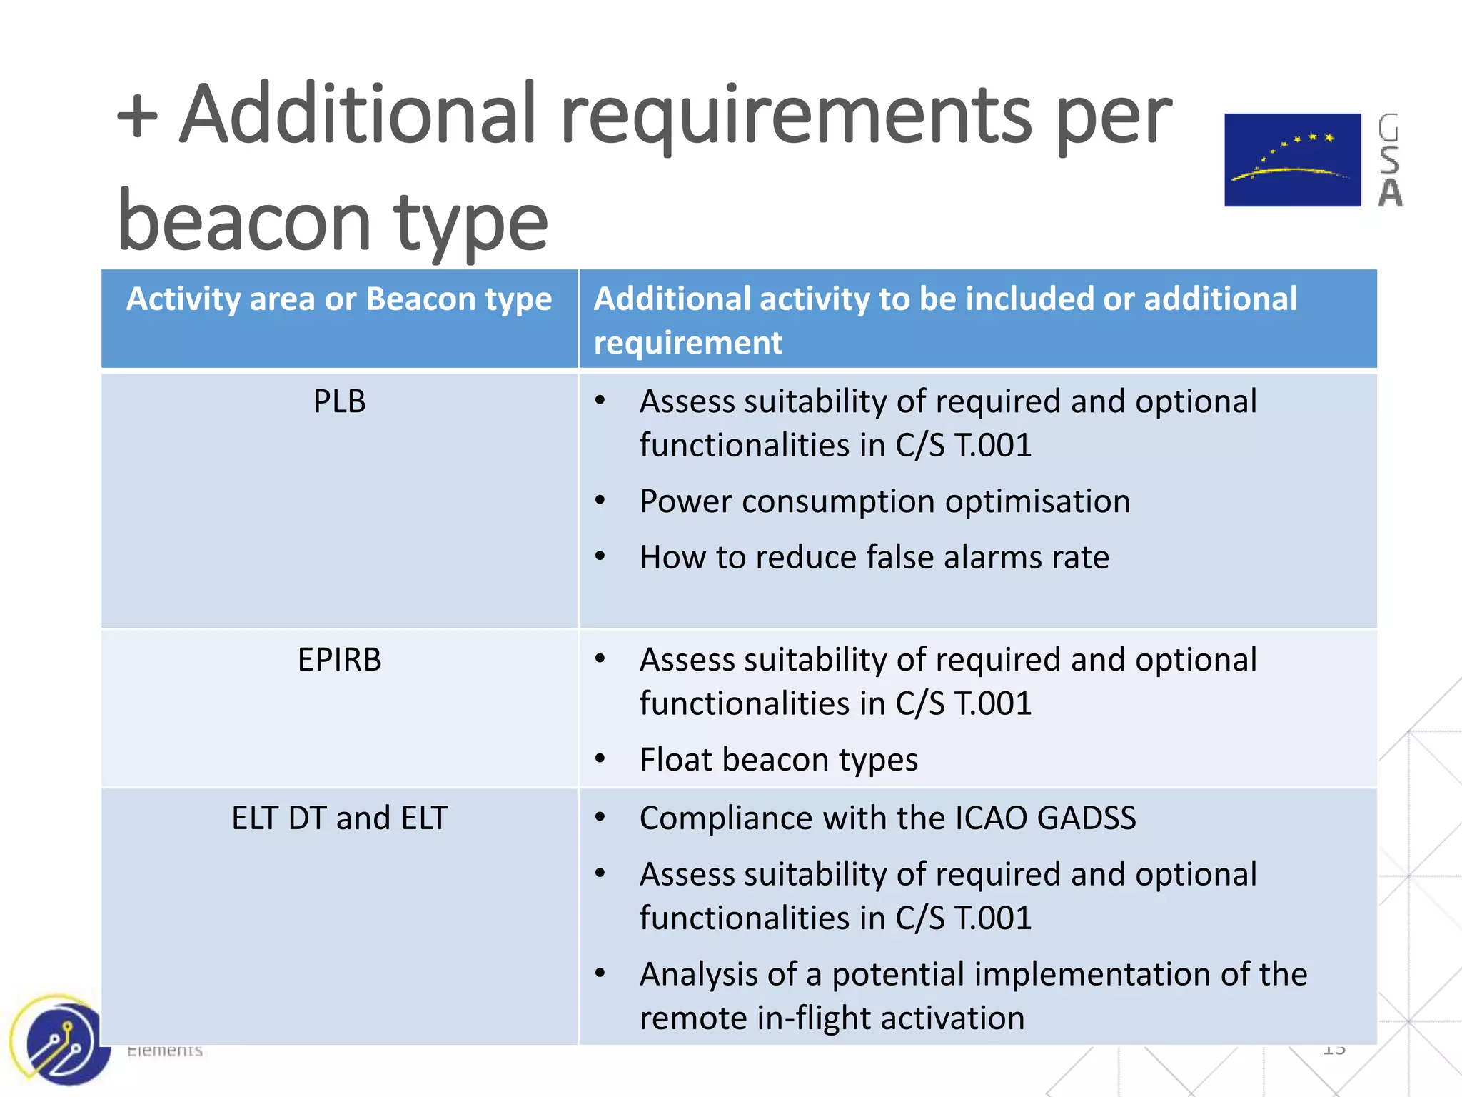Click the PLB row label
(339, 401)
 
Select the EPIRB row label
(339, 660)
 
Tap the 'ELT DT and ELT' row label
(339, 818)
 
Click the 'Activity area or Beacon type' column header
(339, 299)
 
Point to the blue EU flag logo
(1292, 160)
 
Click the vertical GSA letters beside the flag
(1389, 160)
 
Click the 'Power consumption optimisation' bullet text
(884, 501)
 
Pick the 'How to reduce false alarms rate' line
(874, 558)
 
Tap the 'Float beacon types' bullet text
(778, 760)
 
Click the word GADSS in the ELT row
(1086, 818)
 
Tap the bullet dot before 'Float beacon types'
(600, 758)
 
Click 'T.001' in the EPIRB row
(993, 704)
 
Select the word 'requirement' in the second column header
(687, 343)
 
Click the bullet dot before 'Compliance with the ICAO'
(600, 817)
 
